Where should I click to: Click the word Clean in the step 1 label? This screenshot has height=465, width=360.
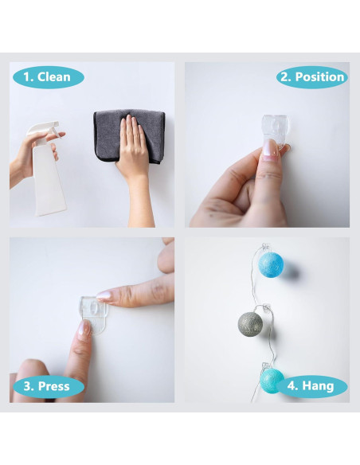pos(53,77)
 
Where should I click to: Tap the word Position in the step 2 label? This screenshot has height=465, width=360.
pos(319,77)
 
